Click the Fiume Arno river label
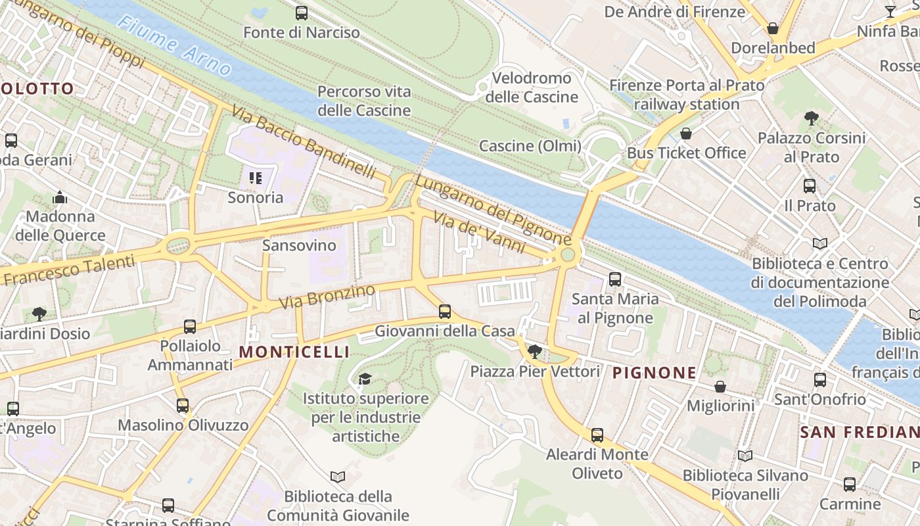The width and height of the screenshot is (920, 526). pos(174,45)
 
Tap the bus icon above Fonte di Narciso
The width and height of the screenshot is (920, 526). pos(302,12)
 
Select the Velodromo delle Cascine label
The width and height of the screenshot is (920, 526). pos(532,87)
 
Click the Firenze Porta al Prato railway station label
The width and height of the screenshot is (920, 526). pos(687,95)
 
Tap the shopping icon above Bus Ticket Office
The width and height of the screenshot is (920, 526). pos(686,133)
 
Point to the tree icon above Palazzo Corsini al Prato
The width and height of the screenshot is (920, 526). pos(811,118)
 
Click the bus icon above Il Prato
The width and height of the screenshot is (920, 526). pos(810,186)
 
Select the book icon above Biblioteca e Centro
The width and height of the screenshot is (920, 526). pos(819,244)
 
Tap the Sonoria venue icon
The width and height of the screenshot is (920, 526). pos(256,178)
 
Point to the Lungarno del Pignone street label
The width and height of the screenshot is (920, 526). pos(493,210)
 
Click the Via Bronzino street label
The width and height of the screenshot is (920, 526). pos(327,297)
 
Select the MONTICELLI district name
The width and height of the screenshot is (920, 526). pos(294,352)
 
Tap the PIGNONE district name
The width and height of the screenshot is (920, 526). pos(654,373)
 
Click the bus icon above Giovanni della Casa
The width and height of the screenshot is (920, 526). pos(445,312)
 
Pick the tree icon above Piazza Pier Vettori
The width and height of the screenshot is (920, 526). pos(535,352)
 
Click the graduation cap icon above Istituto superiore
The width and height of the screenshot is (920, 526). pos(365,379)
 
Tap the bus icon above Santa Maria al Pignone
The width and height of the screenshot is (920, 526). pos(614,279)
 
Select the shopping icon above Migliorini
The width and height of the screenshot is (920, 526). pos(720,387)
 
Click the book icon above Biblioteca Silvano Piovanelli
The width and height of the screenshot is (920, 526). pos(745,456)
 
